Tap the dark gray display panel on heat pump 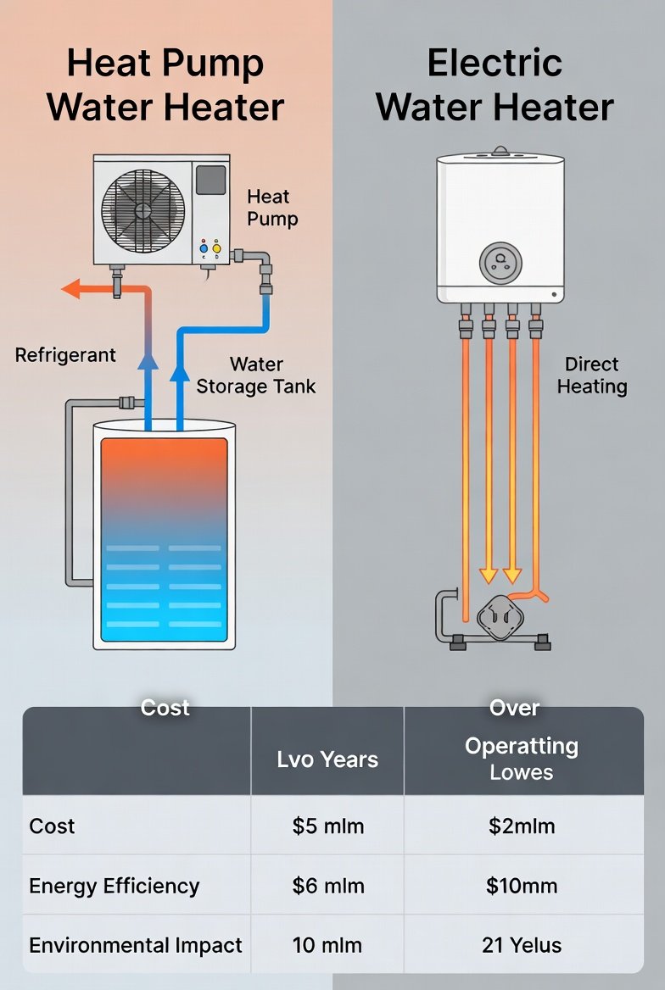(x=210, y=180)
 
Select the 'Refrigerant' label (x=65, y=354)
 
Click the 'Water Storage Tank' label (x=256, y=375)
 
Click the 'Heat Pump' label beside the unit (x=272, y=208)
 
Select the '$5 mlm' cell (x=327, y=826)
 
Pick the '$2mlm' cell (x=522, y=826)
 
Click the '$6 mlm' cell (x=327, y=886)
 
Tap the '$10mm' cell (x=522, y=886)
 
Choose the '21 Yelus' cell (x=522, y=945)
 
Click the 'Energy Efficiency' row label (x=115, y=886)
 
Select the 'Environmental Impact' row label (x=136, y=945)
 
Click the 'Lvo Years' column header (x=327, y=759)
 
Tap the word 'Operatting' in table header (x=522, y=747)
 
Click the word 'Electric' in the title (x=495, y=64)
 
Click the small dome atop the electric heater (x=500, y=151)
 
